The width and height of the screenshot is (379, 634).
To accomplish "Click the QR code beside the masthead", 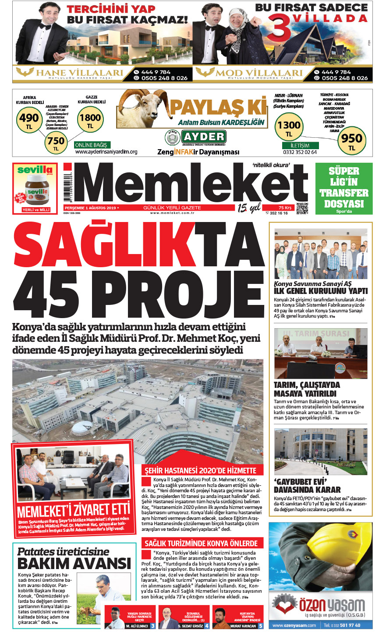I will [x=302, y=208].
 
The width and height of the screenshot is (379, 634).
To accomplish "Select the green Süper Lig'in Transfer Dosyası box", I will [x=344, y=189].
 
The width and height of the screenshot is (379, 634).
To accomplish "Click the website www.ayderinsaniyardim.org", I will [x=106, y=152].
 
